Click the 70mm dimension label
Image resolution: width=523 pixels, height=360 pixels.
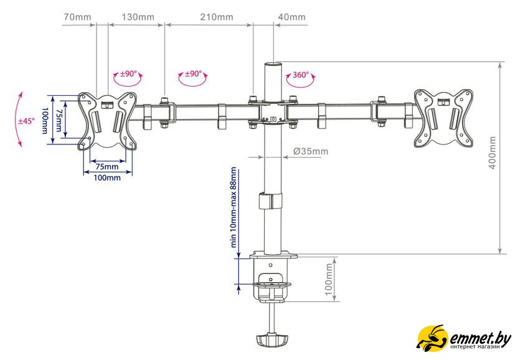click(x=77, y=17)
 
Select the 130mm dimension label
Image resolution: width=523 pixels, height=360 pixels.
click(x=138, y=17)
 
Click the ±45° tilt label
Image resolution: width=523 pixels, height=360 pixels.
click(x=26, y=121)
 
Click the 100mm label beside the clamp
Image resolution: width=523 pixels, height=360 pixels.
click(x=329, y=280)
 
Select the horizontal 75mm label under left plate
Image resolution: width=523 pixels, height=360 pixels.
click(x=106, y=166)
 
